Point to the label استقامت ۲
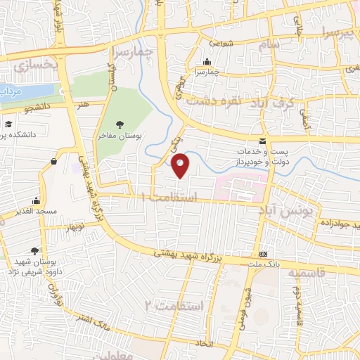[x=173, y=305]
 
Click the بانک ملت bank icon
[x=264, y=253]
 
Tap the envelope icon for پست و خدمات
[x=262, y=141]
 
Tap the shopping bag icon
[x=54, y=162]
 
